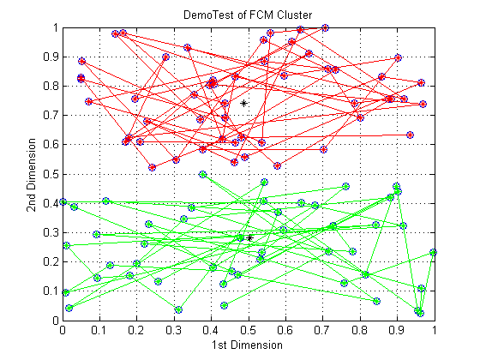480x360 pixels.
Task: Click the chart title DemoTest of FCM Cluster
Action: [248, 15]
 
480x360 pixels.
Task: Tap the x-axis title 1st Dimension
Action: [247, 345]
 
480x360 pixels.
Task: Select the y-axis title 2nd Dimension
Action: [31, 175]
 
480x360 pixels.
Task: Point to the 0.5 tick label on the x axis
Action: [249, 330]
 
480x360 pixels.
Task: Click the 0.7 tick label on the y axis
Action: [51, 116]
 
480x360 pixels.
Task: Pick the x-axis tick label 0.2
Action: [136, 330]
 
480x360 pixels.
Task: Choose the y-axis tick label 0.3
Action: [51, 232]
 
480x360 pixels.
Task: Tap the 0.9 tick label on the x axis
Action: [397, 330]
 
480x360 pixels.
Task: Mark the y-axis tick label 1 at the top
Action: [56, 27]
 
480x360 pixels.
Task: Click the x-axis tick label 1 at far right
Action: [434, 330]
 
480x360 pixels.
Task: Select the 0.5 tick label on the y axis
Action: [51, 174]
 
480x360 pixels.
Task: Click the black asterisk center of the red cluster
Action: [243, 104]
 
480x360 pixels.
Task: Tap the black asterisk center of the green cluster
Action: [249, 238]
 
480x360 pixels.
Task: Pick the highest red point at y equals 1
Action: [325, 27]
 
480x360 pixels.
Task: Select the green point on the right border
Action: [433, 252]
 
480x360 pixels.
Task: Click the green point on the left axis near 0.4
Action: [63, 201]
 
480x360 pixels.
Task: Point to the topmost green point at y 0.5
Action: [202, 175]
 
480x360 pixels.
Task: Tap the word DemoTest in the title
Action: [209, 15]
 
